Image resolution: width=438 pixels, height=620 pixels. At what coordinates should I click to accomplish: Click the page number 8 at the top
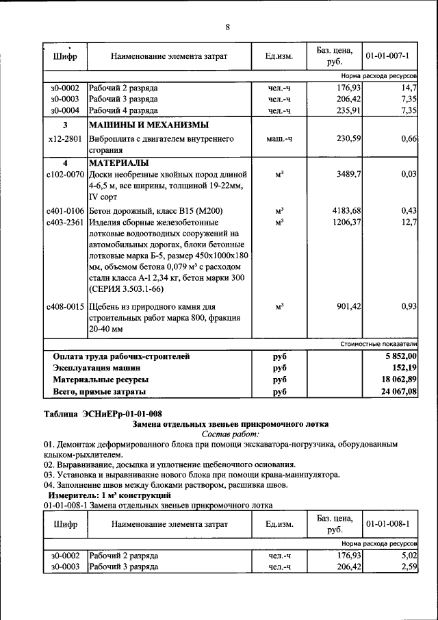227,27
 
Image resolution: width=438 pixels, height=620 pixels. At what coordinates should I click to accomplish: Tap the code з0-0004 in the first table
65,110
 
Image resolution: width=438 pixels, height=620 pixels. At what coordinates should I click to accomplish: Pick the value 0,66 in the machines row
409,139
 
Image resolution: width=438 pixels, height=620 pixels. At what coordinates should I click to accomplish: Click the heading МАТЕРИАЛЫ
118,164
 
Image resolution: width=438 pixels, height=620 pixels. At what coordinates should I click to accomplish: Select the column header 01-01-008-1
387,525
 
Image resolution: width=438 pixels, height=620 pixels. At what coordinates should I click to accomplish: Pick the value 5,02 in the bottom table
409,556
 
